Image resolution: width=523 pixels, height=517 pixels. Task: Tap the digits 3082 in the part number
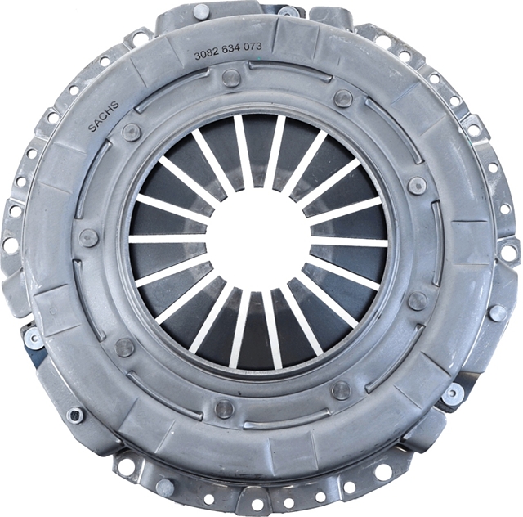tap(205, 55)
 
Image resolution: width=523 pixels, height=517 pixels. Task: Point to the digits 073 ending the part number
tap(253, 47)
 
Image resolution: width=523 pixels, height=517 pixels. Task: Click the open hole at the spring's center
tap(258, 239)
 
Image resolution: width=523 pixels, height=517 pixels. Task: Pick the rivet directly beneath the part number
tap(231, 78)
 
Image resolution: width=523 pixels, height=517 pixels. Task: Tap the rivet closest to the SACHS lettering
tap(132, 131)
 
